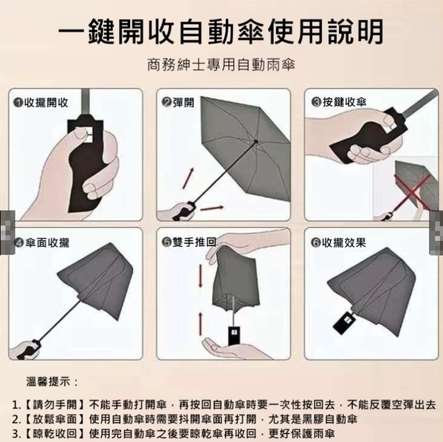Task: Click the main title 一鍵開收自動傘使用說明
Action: click(221, 31)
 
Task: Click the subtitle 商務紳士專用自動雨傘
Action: click(221, 65)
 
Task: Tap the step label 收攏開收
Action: click(47, 103)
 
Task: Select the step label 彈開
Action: click(183, 102)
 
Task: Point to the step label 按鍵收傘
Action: click(344, 102)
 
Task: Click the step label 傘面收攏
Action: click(47, 242)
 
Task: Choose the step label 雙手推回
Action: click(194, 242)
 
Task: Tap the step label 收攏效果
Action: click(344, 242)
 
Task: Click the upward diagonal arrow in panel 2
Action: click(188, 178)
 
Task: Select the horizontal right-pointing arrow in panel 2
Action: click(212, 208)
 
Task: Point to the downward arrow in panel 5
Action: click(200, 276)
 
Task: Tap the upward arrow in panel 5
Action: click(200, 324)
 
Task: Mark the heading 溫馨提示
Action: click(52, 381)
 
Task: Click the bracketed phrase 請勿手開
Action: click(55, 405)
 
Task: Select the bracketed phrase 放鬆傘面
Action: click(55, 419)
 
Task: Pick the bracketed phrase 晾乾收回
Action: click(55, 433)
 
